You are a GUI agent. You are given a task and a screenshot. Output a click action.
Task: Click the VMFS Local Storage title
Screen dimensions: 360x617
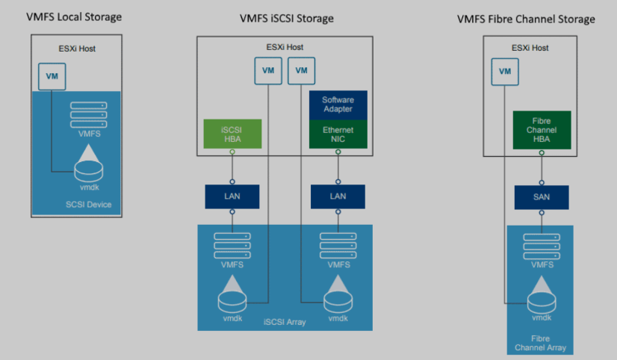click(74, 16)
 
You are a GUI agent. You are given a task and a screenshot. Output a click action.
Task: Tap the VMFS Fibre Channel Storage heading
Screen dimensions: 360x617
click(526, 19)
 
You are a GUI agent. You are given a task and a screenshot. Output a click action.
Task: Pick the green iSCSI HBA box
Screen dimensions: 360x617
click(232, 132)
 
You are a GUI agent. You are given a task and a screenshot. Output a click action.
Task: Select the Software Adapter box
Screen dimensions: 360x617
click(338, 105)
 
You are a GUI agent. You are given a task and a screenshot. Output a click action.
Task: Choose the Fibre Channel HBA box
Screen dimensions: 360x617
click(542, 128)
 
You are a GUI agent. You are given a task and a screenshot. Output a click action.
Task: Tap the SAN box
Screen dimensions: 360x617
click(542, 197)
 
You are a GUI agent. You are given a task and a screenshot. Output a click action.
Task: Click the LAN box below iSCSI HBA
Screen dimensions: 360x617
click(232, 196)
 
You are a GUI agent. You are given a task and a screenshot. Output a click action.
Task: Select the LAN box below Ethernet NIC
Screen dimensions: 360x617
click(338, 196)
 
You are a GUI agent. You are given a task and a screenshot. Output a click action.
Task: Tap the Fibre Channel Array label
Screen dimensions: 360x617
click(541, 343)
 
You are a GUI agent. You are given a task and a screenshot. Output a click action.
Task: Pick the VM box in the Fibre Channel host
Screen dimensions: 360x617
click(505, 71)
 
